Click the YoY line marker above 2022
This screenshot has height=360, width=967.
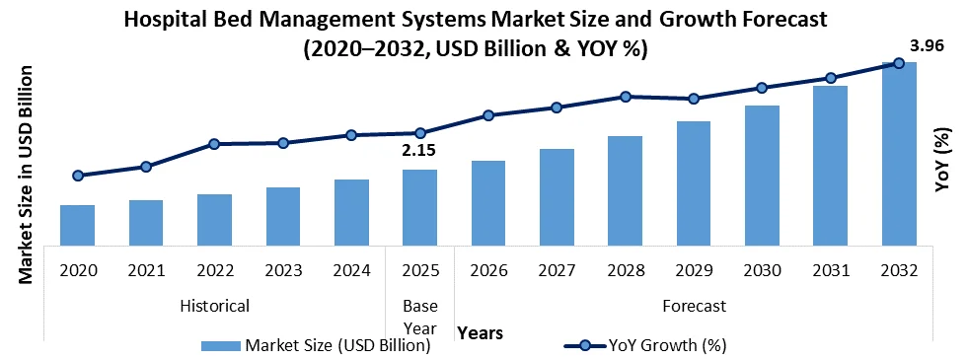tap(214, 144)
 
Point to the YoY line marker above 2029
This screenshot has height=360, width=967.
tap(694, 99)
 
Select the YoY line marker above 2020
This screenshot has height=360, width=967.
tap(77, 176)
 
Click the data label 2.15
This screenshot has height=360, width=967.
tap(418, 151)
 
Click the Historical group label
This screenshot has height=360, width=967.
tap(214, 306)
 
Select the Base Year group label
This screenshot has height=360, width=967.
tap(419, 316)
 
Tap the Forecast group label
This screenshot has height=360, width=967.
tap(694, 306)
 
